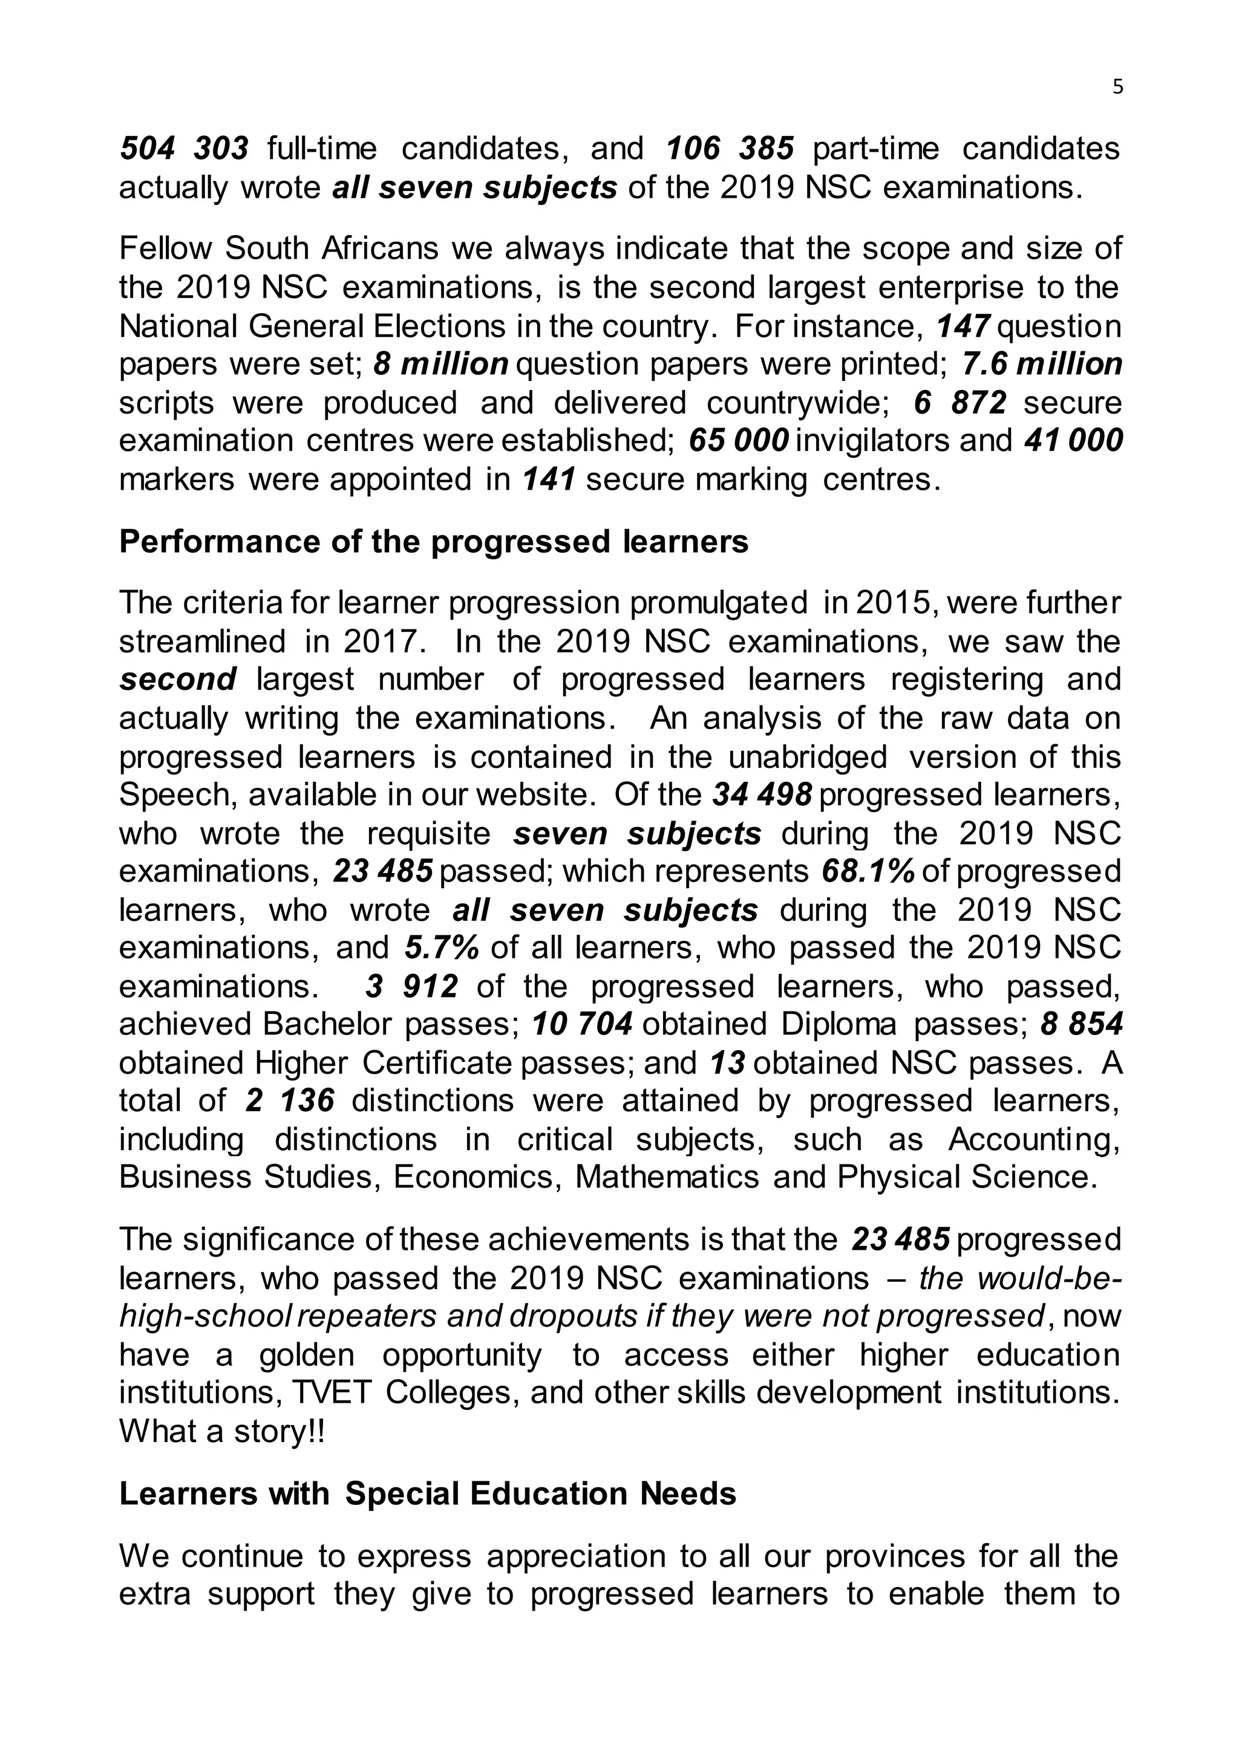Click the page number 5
1117,88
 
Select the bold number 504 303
184,149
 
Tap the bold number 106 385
730,149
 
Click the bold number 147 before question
963,326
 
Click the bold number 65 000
737,441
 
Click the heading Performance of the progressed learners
433,542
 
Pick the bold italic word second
178,680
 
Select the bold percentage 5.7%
442,948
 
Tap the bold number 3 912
411,987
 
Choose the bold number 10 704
582,1024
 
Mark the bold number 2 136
290,1101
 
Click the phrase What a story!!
222,1432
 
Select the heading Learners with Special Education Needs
427,1493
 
